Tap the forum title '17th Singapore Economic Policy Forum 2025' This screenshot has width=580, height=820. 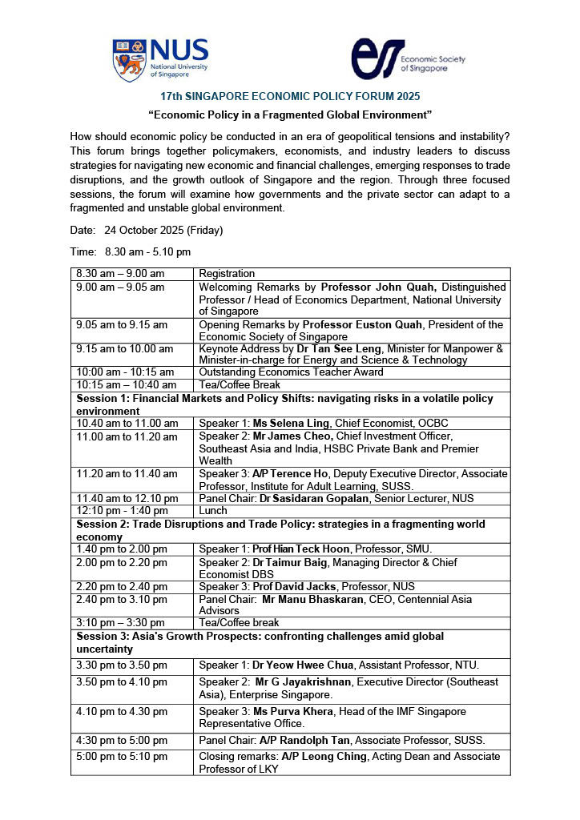click(x=290, y=96)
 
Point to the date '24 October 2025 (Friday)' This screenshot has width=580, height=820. click(x=163, y=230)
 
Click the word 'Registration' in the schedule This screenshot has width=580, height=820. click(x=227, y=274)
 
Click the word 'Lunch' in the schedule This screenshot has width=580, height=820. click(x=213, y=510)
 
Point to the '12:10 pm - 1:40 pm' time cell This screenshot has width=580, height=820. click(x=120, y=510)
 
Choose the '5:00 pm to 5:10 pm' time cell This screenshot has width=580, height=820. click(x=122, y=756)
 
